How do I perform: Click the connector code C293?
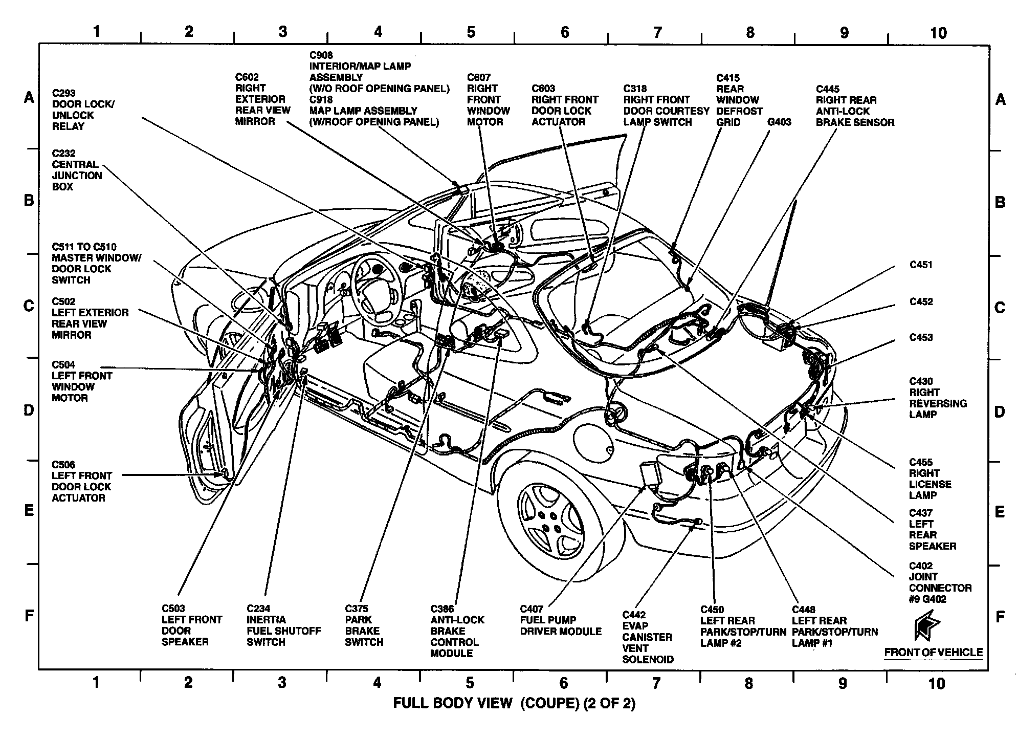pyautogui.click(x=64, y=93)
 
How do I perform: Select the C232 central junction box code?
pyautogui.click(x=64, y=154)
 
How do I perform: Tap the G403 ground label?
pyautogui.click(x=779, y=122)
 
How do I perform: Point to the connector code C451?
pyautogui.click(x=921, y=265)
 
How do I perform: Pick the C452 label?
pyautogui.click(x=921, y=301)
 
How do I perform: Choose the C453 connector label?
pyautogui.click(x=921, y=337)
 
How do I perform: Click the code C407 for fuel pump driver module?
pyautogui.click(x=532, y=609)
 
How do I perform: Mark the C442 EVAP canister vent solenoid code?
pyautogui.click(x=634, y=615)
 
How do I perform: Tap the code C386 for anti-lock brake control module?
pyautogui.click(x=442, y=609)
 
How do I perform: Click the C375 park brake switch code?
pyautogui.click(x=357, y=609)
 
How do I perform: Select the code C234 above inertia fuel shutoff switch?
pyautogui.click(x=258, y=609)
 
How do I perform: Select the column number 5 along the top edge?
pyautogui.click(x=471, y=32)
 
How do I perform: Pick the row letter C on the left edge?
pyautogui.click(x=29, y=306)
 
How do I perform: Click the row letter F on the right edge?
pyautogui.click(x=1000, y=617)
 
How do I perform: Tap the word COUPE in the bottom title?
pyautogui.click(x=549, y=703)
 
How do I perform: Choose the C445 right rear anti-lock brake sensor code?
pyautogui.click(x=828, y=89)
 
